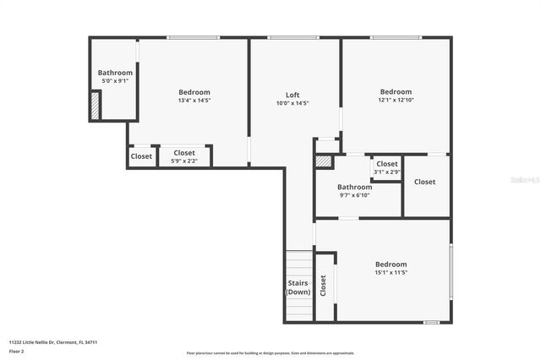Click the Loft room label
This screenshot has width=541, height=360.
(x=292, y=95)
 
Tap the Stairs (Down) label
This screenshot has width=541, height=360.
(x=298, y=287)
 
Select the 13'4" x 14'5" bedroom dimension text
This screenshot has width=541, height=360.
(x=194, y=101)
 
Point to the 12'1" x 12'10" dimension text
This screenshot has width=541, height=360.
(x=395, y=101)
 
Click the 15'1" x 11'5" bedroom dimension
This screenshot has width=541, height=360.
(x=391, y=272)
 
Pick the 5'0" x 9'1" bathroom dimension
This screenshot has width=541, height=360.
(x=115, y=81)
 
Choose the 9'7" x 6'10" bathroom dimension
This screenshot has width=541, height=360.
(x=354, y=195)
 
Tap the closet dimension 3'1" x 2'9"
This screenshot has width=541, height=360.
(x=386, y=172)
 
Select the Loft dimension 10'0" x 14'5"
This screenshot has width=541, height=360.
(x=292, y=103)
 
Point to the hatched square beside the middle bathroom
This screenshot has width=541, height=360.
(x=323, y=161)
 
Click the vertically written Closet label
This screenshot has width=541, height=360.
(x=323, y=286)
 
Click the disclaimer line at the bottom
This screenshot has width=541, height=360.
(x=270, y=353)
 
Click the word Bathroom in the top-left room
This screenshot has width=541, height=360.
(x=115, y=73)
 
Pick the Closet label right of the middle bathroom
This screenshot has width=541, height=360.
(x=424, y=182)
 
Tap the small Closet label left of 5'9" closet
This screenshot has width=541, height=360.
(x=141, y=156)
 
